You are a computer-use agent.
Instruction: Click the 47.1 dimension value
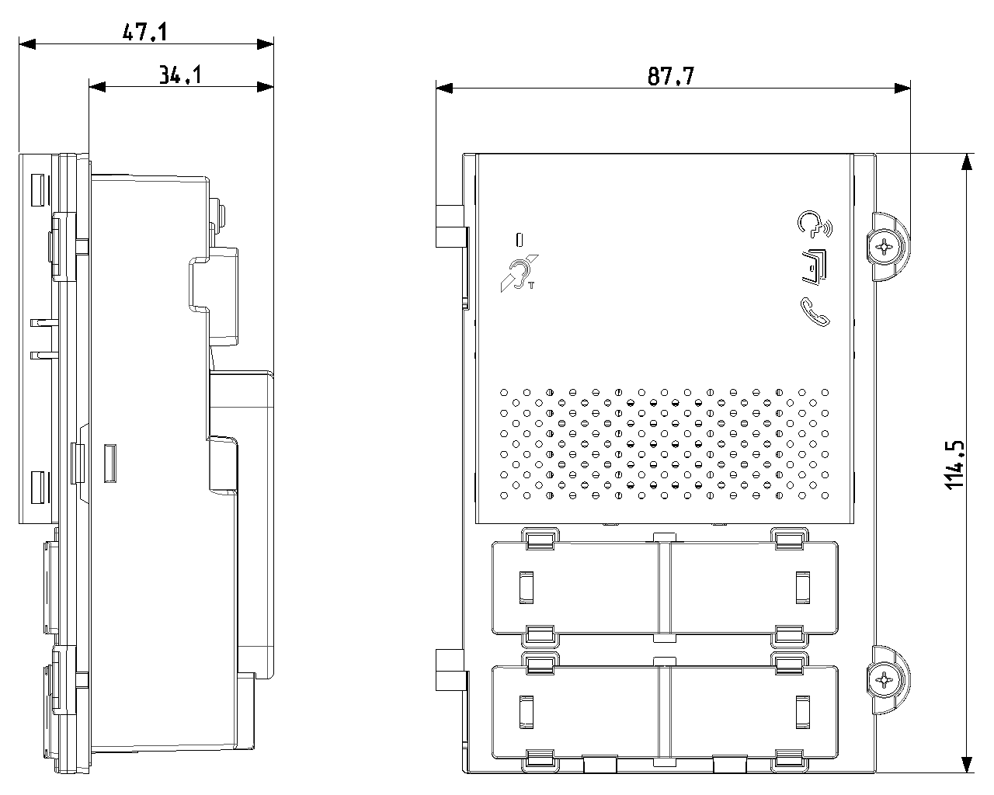point(146,32)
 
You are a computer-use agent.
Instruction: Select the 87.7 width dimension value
point(671,76)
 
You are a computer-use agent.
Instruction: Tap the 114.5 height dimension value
point(954,464)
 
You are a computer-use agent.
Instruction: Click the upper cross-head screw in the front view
point(885,247)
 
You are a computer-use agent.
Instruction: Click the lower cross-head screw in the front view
point(885,680)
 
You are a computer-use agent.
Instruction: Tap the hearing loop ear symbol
point(518,273)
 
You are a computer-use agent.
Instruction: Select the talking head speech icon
point(812,224)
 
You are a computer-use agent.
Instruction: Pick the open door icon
point(813,265)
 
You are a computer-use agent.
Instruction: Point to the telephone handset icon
point(814,311)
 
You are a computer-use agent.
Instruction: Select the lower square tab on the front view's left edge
point(448,669)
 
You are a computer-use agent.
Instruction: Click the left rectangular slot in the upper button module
point(526,586)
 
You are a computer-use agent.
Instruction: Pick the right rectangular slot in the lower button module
point(802,711)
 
